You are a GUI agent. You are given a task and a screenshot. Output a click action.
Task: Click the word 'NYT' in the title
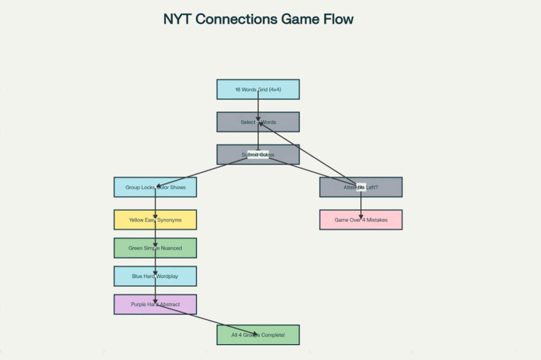[x=178, y=20]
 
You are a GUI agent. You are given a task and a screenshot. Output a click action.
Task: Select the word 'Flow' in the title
[x=337, y=20]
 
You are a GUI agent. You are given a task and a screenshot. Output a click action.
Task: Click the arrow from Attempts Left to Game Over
[x=361, y=203]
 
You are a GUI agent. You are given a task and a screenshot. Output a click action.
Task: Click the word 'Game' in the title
[x=299, y=20]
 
